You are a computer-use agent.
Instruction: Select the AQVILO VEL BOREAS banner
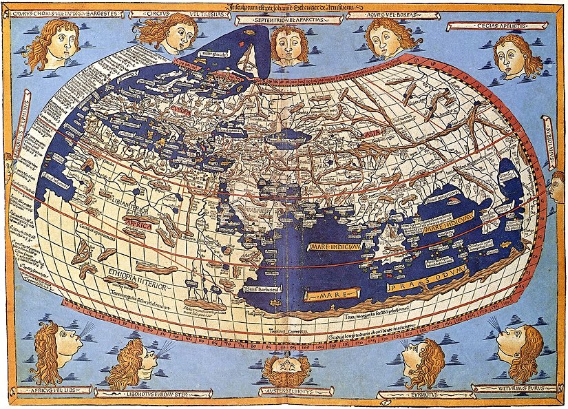click(x=381, y=14)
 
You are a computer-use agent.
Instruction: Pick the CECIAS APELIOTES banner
click(x=486, y=26)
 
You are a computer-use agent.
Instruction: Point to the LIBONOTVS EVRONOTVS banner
click(x=154, y=394)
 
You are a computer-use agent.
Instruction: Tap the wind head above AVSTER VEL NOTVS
click(x=285, y=368)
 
